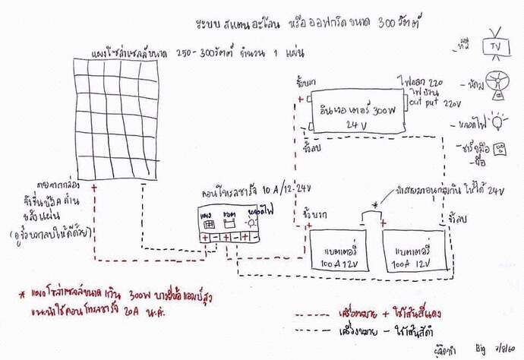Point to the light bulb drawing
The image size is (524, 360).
click(497, 120)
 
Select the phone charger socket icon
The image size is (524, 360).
click(498, 150)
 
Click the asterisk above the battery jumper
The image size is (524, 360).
click(375, 205)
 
